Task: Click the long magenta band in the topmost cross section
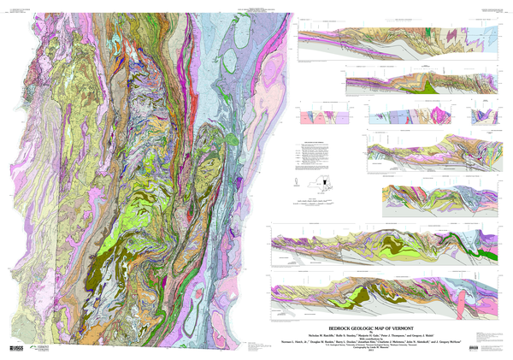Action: pyautogui.click(x=359, y=38)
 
